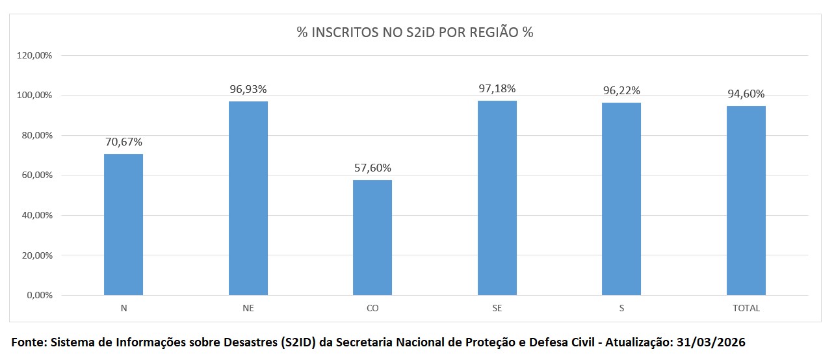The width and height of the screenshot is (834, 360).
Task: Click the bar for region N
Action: [124, 224]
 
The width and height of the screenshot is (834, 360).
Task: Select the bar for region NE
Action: [248, 198]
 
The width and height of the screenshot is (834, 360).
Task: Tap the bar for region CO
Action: [372, 237]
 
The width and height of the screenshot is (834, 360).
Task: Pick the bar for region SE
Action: [497, 198]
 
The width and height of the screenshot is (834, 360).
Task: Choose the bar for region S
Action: [621, 199]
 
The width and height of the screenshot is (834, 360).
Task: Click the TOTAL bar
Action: [746, 200]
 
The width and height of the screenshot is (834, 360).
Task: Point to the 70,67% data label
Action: [124, 142]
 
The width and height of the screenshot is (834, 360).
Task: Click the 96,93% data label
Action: [248, 89]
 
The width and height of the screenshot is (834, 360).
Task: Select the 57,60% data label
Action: [372, 168]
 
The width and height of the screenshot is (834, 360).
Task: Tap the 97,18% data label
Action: [497, 88]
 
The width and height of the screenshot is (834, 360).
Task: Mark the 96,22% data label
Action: [621, 90]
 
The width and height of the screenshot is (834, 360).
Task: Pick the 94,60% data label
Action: [746, 94]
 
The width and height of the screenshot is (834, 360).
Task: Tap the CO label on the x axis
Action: [372, 308]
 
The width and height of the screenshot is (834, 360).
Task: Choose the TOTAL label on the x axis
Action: [746, 308]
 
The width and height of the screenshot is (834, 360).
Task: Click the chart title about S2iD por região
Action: [415, 32]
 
